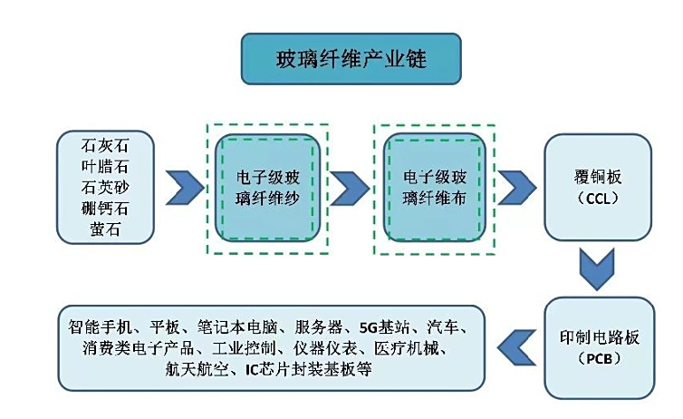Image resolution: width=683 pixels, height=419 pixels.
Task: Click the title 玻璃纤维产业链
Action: pyautogui.click(x=351, y=60)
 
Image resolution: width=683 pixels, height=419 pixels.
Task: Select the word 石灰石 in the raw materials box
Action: pyautogui.click(x=105, y=145)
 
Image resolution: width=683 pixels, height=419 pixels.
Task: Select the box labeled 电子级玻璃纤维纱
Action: pyautogui.click(x=266, y=188)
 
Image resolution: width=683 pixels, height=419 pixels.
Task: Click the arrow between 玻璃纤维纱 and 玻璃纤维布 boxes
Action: pyautogui.click(x=351, y=188)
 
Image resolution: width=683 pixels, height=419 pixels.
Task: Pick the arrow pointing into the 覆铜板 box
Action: pyautogui.click(x=516, y=188)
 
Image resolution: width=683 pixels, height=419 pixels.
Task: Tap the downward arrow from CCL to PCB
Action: pyautogui.click(x=598, y=268)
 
